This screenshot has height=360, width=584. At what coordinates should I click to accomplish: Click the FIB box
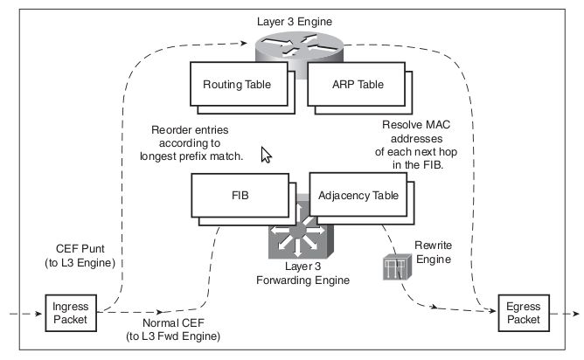(x=239, y=196)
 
